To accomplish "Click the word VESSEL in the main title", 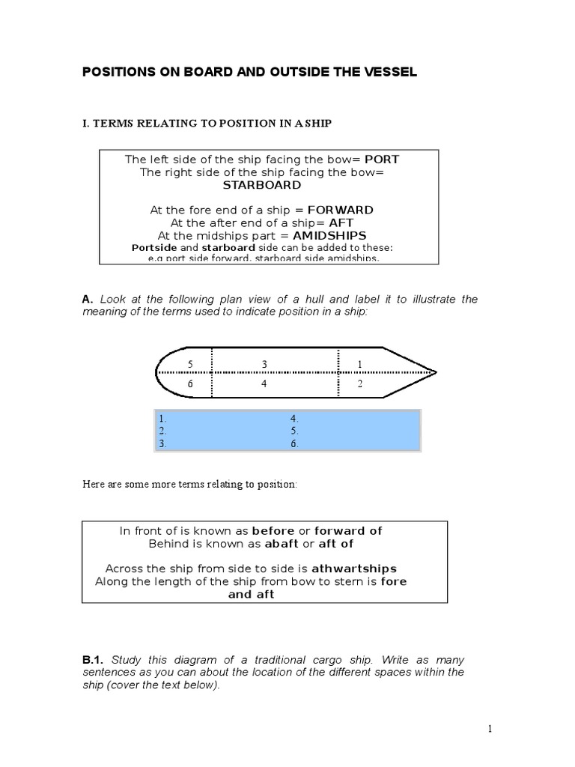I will tap(386, 72).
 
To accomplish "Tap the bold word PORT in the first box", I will tap(381, 160).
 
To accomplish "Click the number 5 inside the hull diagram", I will tap(191, 364).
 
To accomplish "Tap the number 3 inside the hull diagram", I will tap(264, 364).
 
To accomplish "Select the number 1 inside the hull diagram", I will tap(359, 364).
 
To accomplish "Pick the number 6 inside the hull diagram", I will tap(191, 383).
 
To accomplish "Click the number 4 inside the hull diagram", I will tap(264, 383).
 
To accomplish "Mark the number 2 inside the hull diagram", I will tap(359, 383).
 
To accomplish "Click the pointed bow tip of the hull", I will tap(435, 371).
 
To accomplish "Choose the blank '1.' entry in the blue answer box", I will tap(162, 419).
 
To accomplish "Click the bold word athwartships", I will tap(353, 568).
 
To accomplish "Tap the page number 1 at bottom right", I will tap(488, 727).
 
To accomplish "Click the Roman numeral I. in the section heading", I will tap(85, 122).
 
